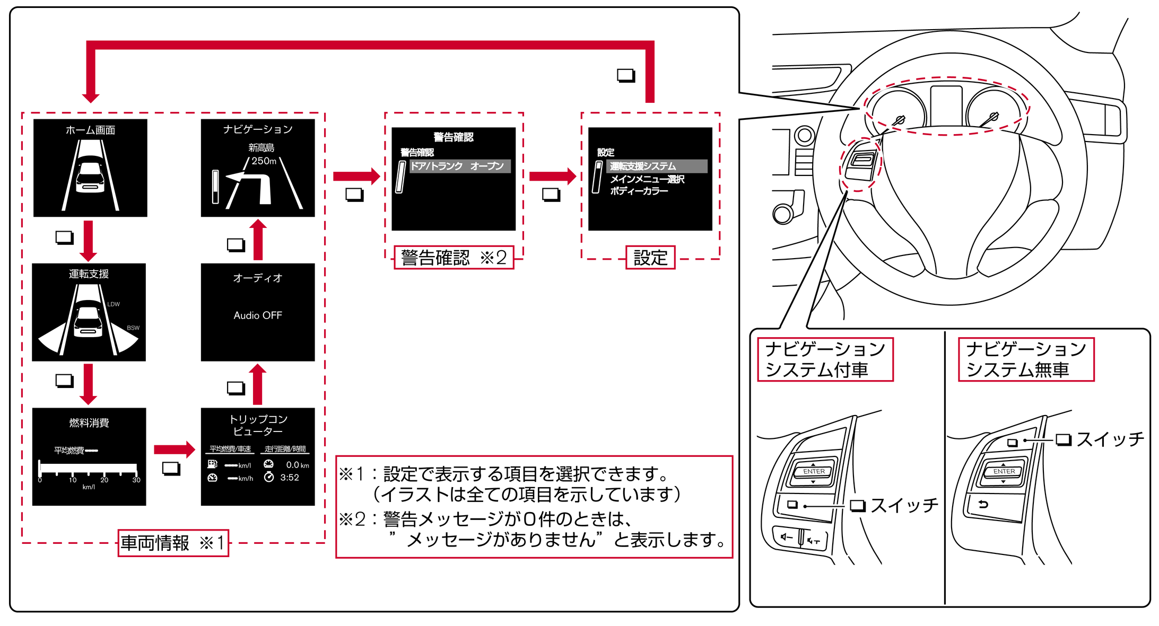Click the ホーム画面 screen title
[x=90, y=130]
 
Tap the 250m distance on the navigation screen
[x=264, y=161]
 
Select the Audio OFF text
[x=258, y=315]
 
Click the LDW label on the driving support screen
[x=114, y=304]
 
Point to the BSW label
[x=133, y=328]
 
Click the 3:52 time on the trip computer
[x=290, y=478]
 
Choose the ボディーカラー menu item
[x=639, y=191]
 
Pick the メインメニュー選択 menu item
[x=647, y=179]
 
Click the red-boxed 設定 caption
[x=650, y=258]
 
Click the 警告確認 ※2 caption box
[x=454, y=258]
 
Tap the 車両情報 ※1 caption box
[x=173, y=543]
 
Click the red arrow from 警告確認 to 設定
[x=552, y=176]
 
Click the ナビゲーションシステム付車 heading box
[x=825, y=359]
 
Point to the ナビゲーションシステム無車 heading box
[x=1026, y=359]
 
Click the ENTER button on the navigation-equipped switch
[x=814, y=471]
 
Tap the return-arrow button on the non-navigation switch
[x=984, y=504]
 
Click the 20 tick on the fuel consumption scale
[x=104, y=480]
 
